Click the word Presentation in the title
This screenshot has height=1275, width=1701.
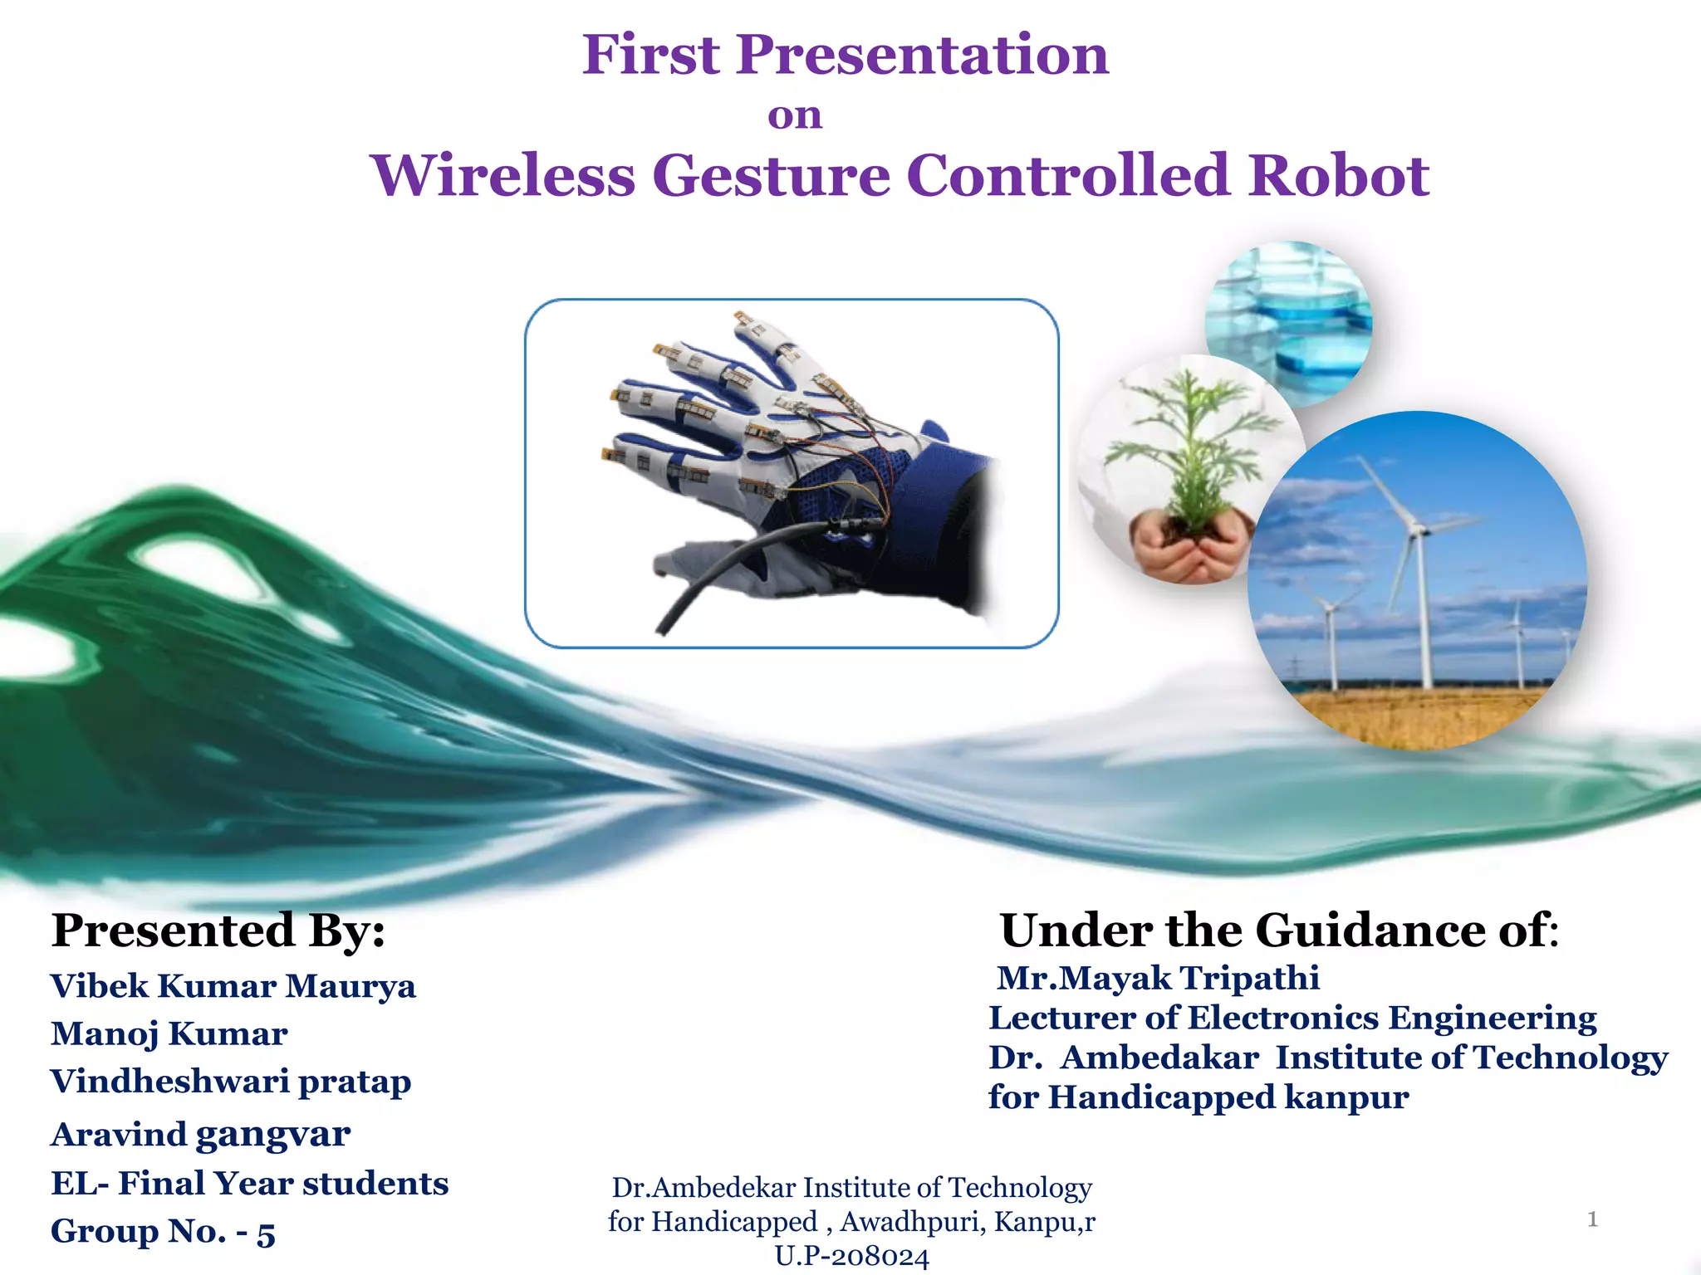click(x=922, y=55)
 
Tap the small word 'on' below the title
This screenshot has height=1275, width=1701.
click(x=795, y=115)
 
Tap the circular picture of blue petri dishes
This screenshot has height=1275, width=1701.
click(x=1289, y=324)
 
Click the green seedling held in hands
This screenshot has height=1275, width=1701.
click(x=1189, y=448)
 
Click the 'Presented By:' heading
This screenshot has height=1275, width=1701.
click(x=218, y=930)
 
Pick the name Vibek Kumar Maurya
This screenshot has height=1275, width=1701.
click(x=233, y=986)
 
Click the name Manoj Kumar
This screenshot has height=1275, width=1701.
click(x=169, y=1033)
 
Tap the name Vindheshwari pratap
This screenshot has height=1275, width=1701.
click(x=231, y=1082)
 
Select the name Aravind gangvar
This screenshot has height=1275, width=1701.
click(x=200, y=1134)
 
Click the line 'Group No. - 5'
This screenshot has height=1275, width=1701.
click(x=163, y=1231)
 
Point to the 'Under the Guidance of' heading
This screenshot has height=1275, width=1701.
click(x=1279, y=930)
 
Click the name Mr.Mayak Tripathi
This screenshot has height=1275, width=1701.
click(x=1158, y=978)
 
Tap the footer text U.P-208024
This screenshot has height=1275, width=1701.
click(x=851, y=1256)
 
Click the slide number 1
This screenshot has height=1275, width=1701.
click(x=1592, y=1219)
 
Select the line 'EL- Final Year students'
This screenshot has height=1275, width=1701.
click(x=249, y=1183)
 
